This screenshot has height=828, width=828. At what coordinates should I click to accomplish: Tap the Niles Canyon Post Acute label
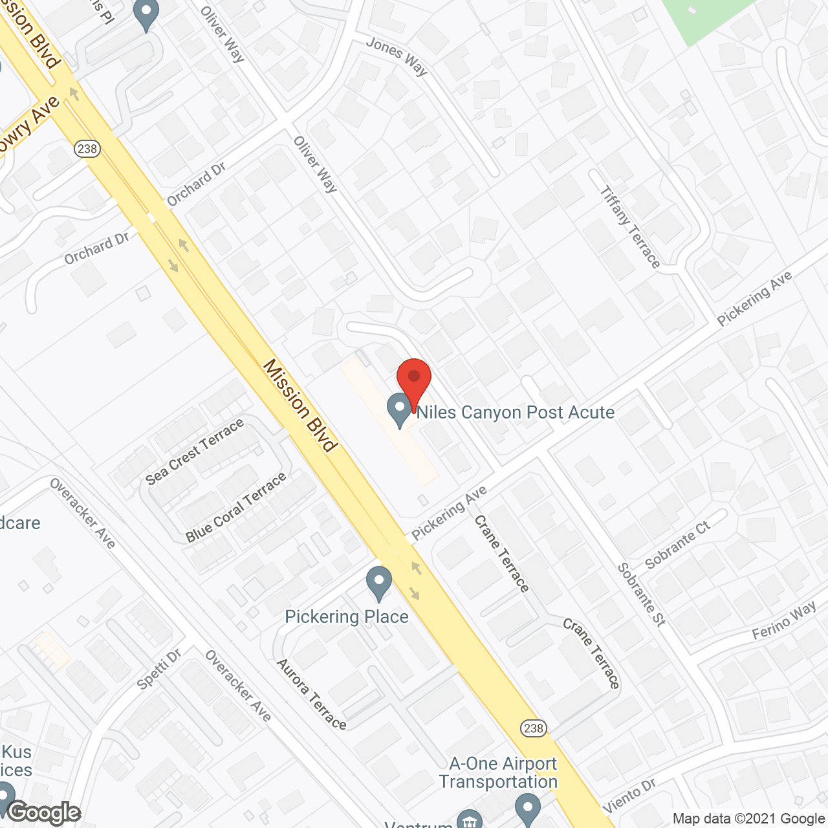tap(515, 412)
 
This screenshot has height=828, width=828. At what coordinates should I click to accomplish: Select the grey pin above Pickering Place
tap(379, 583)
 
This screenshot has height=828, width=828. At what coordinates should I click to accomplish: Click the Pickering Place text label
tap(347, 616)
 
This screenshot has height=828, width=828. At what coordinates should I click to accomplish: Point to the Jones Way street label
tap(397, 56)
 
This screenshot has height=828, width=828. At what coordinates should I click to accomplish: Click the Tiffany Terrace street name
tap(629, 227)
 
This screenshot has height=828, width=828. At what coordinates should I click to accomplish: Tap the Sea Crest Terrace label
tap(195, 452)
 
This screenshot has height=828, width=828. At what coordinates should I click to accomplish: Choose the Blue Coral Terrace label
tap(235, 508)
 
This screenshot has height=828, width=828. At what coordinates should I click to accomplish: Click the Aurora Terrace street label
tap(312, 694)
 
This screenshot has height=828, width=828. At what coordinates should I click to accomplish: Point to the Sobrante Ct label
tap(677, 545)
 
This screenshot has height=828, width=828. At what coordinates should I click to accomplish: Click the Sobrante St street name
tap(641, 594)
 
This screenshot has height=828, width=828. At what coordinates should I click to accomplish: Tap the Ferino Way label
tap(784, 621)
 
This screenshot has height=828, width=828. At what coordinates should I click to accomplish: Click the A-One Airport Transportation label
tap(499, 772)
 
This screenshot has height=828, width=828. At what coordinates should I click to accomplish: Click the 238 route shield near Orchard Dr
tap(87, 149)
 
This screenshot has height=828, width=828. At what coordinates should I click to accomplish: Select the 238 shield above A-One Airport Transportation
tap(534, 728)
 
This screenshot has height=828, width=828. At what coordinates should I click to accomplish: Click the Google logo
tap(44, 812)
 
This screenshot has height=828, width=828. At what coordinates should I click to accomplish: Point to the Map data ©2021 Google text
tap(748, 818)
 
